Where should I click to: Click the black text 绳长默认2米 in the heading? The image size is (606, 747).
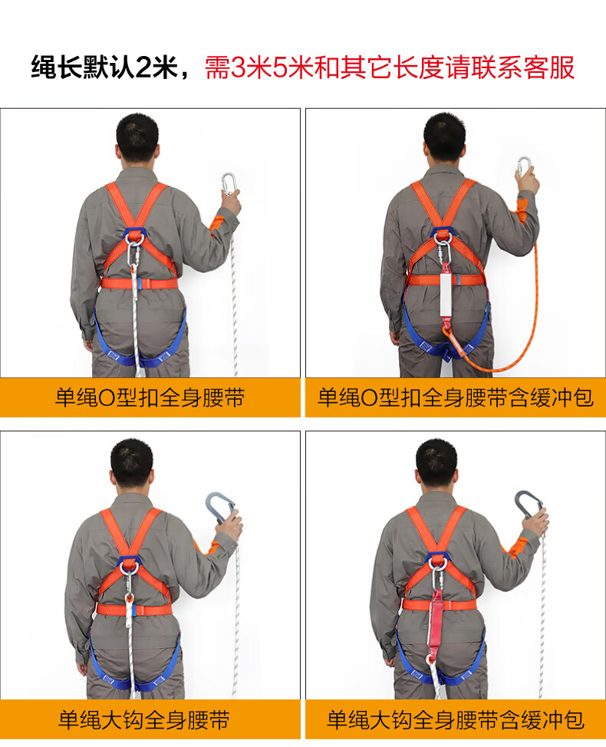click(x=104, y=67)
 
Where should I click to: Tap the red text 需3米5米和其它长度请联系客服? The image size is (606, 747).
click(x=390, y=67)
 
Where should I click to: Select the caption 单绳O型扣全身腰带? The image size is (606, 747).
click(x=150, y=398)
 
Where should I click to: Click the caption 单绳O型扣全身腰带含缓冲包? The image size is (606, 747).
click(x=456, y=398)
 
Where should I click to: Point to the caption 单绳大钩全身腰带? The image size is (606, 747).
click(x=144, y=720)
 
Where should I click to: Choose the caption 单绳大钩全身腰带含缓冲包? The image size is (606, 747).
click(x=456, y=720)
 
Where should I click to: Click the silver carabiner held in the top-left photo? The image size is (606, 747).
click(x=229, y=183)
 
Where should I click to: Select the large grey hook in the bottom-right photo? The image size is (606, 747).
click(x=529, y=505)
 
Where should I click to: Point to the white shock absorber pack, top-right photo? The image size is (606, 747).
click(x=446, y=292)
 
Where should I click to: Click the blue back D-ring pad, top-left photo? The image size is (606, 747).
click(x=135, y=235)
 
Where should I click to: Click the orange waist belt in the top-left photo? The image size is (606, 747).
click(x=139, y=284)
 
